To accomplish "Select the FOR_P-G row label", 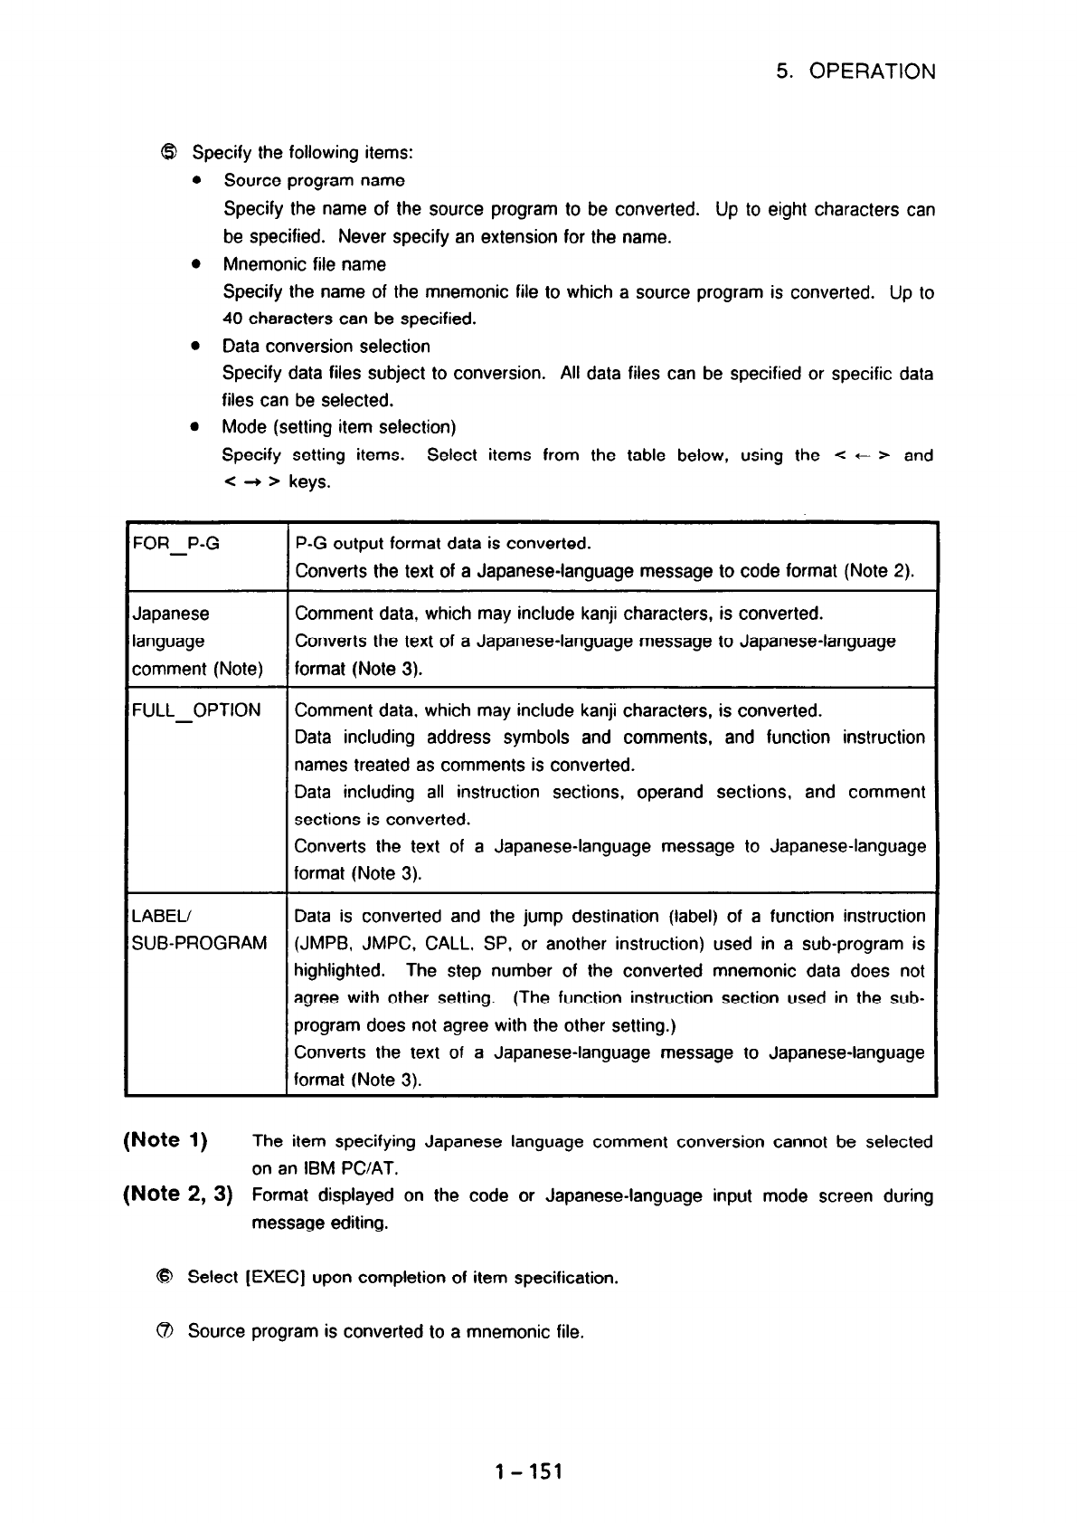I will click(175, 544).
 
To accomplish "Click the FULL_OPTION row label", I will click(196, 710).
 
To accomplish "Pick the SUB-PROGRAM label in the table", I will click(200, 944).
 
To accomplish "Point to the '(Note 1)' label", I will click(165, 1140).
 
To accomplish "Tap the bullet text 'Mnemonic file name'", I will click(304, 264).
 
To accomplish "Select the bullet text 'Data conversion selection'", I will click(326, 346).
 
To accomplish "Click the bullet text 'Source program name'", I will click(314, 181).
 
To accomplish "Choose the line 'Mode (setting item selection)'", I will click(339, 426).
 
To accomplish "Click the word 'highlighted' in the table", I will click(338, 971).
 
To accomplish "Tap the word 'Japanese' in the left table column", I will click(170, 614).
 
